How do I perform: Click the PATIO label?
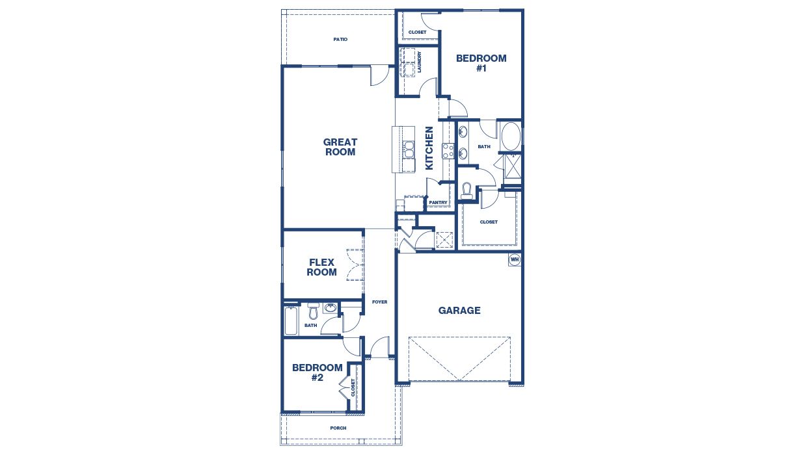pos(340,40)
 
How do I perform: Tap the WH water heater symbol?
pos(515,259)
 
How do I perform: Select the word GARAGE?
pos(459,311)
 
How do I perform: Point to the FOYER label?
pos(379,302)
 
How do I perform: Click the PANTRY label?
pos(438,203)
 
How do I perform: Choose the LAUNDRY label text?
pos(420,62)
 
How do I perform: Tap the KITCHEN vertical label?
pos(429,148)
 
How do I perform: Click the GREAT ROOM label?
pos(340,147)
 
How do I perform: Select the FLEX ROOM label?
pos(321,267)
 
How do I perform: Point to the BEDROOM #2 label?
pos(317,372)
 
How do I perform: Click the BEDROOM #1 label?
pos(481,62)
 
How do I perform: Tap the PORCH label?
pos(338,428)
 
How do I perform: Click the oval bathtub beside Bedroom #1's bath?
pos(510,136)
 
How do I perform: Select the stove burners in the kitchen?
pos(448,151)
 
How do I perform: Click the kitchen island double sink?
pos(409,149)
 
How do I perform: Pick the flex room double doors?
pos(355,265)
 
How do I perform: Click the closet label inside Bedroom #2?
pos(353,387)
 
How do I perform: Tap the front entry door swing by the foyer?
pos(381,347)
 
